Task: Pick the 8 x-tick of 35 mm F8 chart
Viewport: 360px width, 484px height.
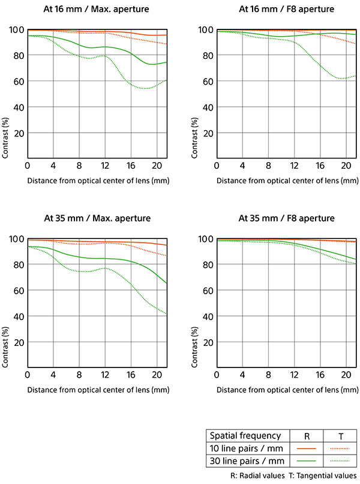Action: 269,375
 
